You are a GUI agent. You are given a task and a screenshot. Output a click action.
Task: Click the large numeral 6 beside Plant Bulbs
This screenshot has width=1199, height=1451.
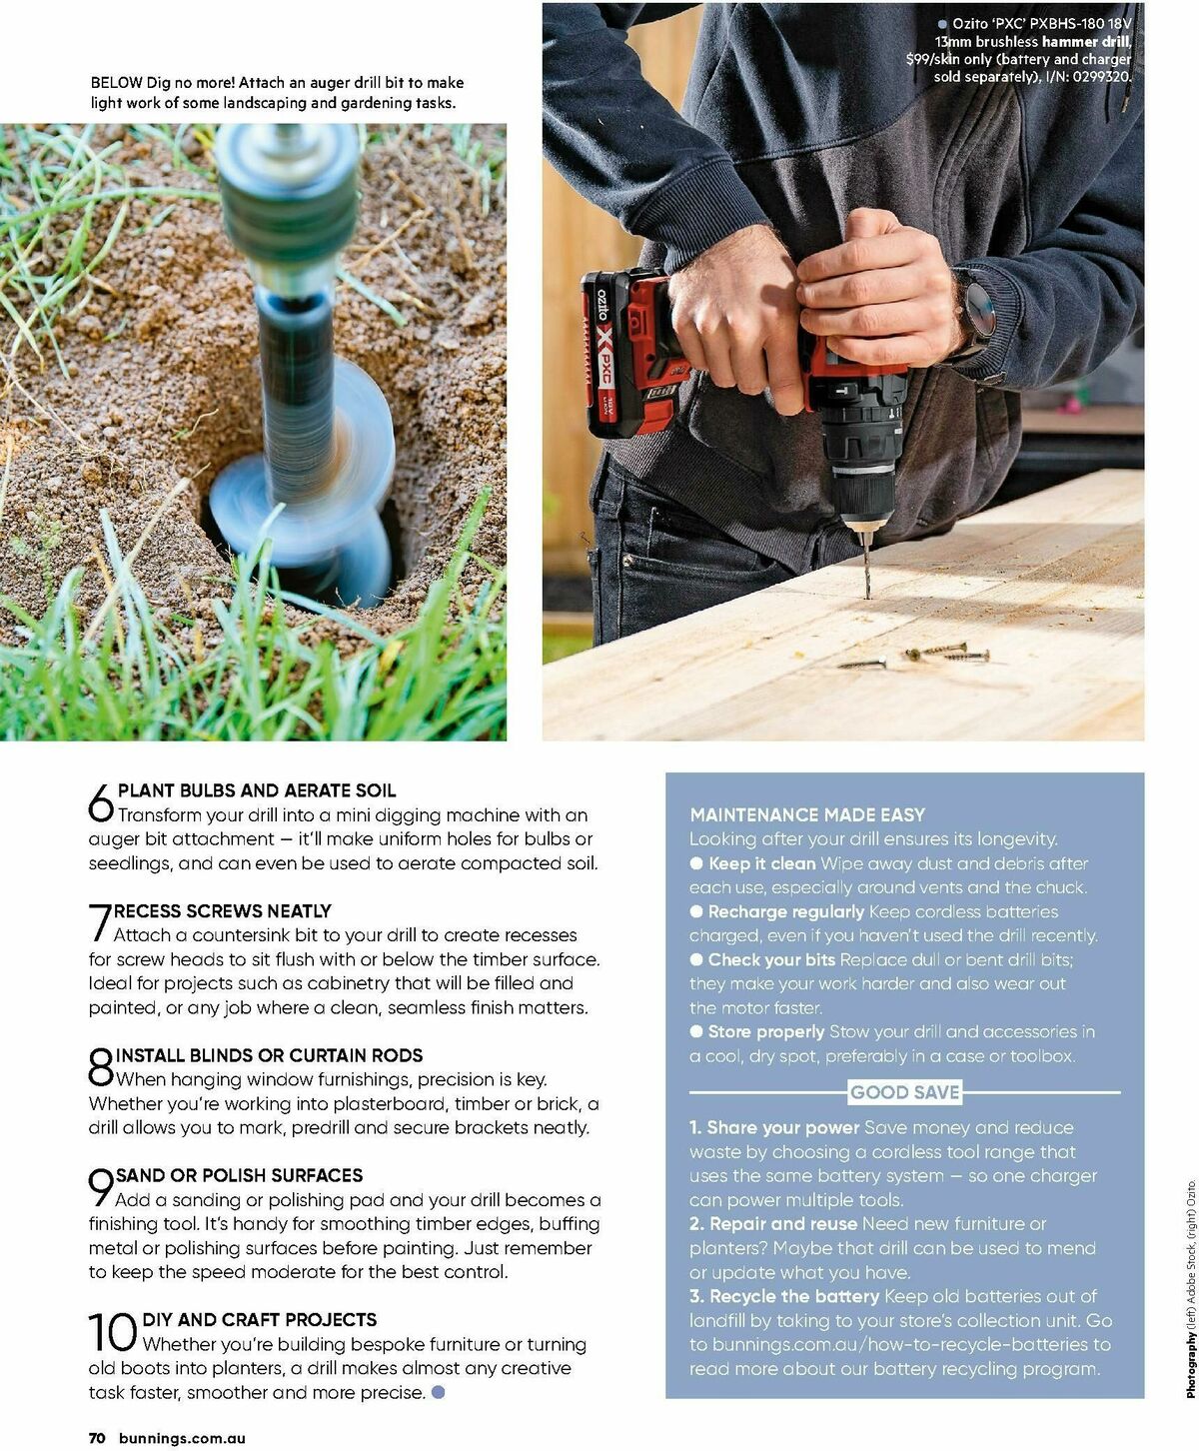101,802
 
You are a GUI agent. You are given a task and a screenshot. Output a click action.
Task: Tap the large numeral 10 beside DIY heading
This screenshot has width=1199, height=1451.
113,1332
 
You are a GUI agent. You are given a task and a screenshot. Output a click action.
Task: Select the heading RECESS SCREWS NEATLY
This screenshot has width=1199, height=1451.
223,911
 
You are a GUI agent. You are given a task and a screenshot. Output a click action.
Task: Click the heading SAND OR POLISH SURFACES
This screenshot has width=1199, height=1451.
239,1175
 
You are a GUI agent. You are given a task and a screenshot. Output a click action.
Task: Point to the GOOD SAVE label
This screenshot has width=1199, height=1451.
904,1092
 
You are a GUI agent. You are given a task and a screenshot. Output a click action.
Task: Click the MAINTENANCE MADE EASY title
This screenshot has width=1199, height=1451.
807,814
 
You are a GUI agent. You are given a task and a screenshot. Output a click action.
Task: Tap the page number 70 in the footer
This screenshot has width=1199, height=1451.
97,1438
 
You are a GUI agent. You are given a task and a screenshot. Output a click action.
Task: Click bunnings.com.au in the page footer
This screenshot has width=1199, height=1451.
182,1438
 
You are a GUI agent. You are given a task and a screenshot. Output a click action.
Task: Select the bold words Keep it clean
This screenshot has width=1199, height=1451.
761,863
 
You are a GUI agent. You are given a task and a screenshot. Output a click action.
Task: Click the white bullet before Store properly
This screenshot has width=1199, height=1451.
696,1032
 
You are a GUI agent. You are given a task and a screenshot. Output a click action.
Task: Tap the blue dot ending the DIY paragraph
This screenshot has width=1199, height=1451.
438,1392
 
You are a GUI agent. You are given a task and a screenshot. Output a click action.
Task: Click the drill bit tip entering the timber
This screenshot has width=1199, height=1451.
866,590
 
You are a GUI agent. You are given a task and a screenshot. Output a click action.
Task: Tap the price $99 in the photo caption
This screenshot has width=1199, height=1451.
919,60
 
